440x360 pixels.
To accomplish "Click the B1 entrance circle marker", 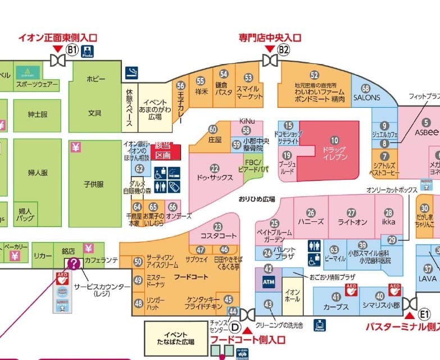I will point(71,49).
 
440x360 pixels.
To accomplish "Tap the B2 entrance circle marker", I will point(284,49).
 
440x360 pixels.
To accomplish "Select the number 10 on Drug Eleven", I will point(335,139).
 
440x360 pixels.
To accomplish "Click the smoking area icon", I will point(132,72).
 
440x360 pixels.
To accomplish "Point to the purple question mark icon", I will point(74,263).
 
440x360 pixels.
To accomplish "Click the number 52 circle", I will point(314,75).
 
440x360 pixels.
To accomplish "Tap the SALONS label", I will point(366,97).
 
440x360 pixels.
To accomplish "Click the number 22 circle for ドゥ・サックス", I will point(214,167).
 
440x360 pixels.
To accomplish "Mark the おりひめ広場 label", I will point(256,199).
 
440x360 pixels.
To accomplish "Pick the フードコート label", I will point(191,277).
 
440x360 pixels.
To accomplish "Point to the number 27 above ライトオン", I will point(351,213).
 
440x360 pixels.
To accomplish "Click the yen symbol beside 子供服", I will point(75,148).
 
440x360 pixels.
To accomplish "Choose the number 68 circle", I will point(366,88).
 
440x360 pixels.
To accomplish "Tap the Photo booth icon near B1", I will point(87,52).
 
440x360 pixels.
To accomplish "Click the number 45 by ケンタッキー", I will point(228,300).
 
